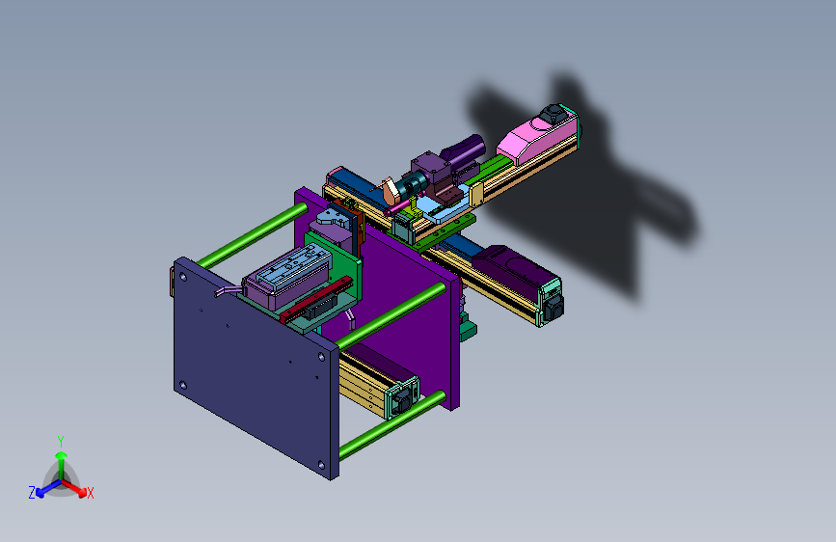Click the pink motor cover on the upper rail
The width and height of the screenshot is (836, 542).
click(536, 138)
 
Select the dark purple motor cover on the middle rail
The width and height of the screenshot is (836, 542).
click(509, 272)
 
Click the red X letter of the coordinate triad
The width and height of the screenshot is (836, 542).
click(91, 493)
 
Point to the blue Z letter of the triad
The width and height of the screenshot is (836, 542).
click(32, 493)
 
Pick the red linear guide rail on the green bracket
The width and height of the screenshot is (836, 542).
click(316, 299)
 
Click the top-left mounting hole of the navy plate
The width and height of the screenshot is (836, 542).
click(183, 277)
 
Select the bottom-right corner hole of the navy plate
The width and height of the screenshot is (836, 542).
click(321, 465)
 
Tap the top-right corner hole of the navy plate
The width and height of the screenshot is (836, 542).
click(321, 357)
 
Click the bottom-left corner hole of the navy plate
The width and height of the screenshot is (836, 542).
click(183, 385)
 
